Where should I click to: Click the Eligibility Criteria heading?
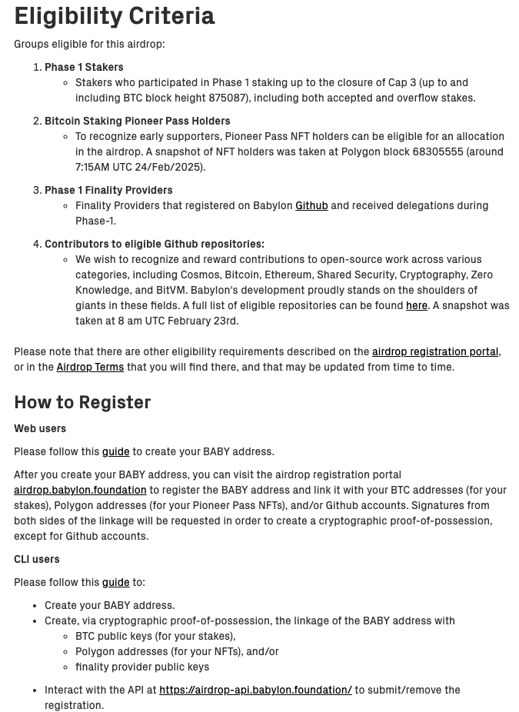pyautogui.click(x=115, y=16)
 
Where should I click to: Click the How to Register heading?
pyautogui.click(x=82, y=402)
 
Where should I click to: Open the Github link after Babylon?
pyautogui.click(x=311, y=205)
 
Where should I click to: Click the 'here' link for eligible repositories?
pyautogui.click(x=416, y=305)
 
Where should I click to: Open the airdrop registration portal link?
pyautogui.click(x=434, y=351)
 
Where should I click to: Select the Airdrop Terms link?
pyautogui.click(x=90, y=367)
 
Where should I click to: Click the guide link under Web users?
pyautogui.click(x=115, y=451)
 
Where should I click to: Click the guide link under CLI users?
pyautogui.click(x=115, y=582)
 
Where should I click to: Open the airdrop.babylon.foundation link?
pyautogui.click(x=80, y=490)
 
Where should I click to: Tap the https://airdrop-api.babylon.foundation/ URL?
pyautogui.click(x=255, y=690)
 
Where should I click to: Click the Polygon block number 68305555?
pyautogui.click(x=437, y=151)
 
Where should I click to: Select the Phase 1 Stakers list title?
pyautogui.click(x=84, y=67)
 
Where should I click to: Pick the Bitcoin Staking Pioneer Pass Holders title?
pyautogui.click(x=137, y=121)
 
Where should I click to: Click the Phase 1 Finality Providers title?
pyautogui.click(x=108, y=190)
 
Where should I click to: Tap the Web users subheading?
pyautogui.click(x=40, y=428)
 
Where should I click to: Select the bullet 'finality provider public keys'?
pyautogui.click(x=142, y=667)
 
